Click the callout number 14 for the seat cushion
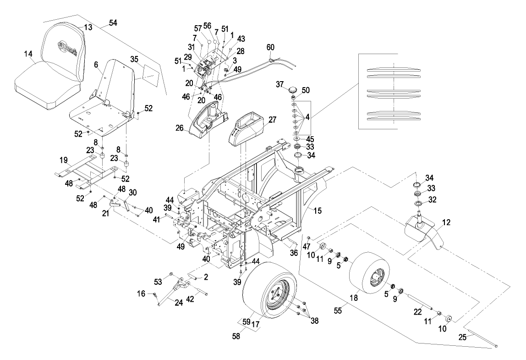point(28,54)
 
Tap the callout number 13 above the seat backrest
point(88,28)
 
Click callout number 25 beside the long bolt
point(462,337)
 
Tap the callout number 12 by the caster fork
point(446,222)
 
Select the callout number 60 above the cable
point(270,47)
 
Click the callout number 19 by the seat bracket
point(64,161)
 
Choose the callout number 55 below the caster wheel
point(338,310)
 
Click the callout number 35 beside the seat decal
point(134,59)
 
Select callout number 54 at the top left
point(112,22)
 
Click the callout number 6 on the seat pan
point(96,66)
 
